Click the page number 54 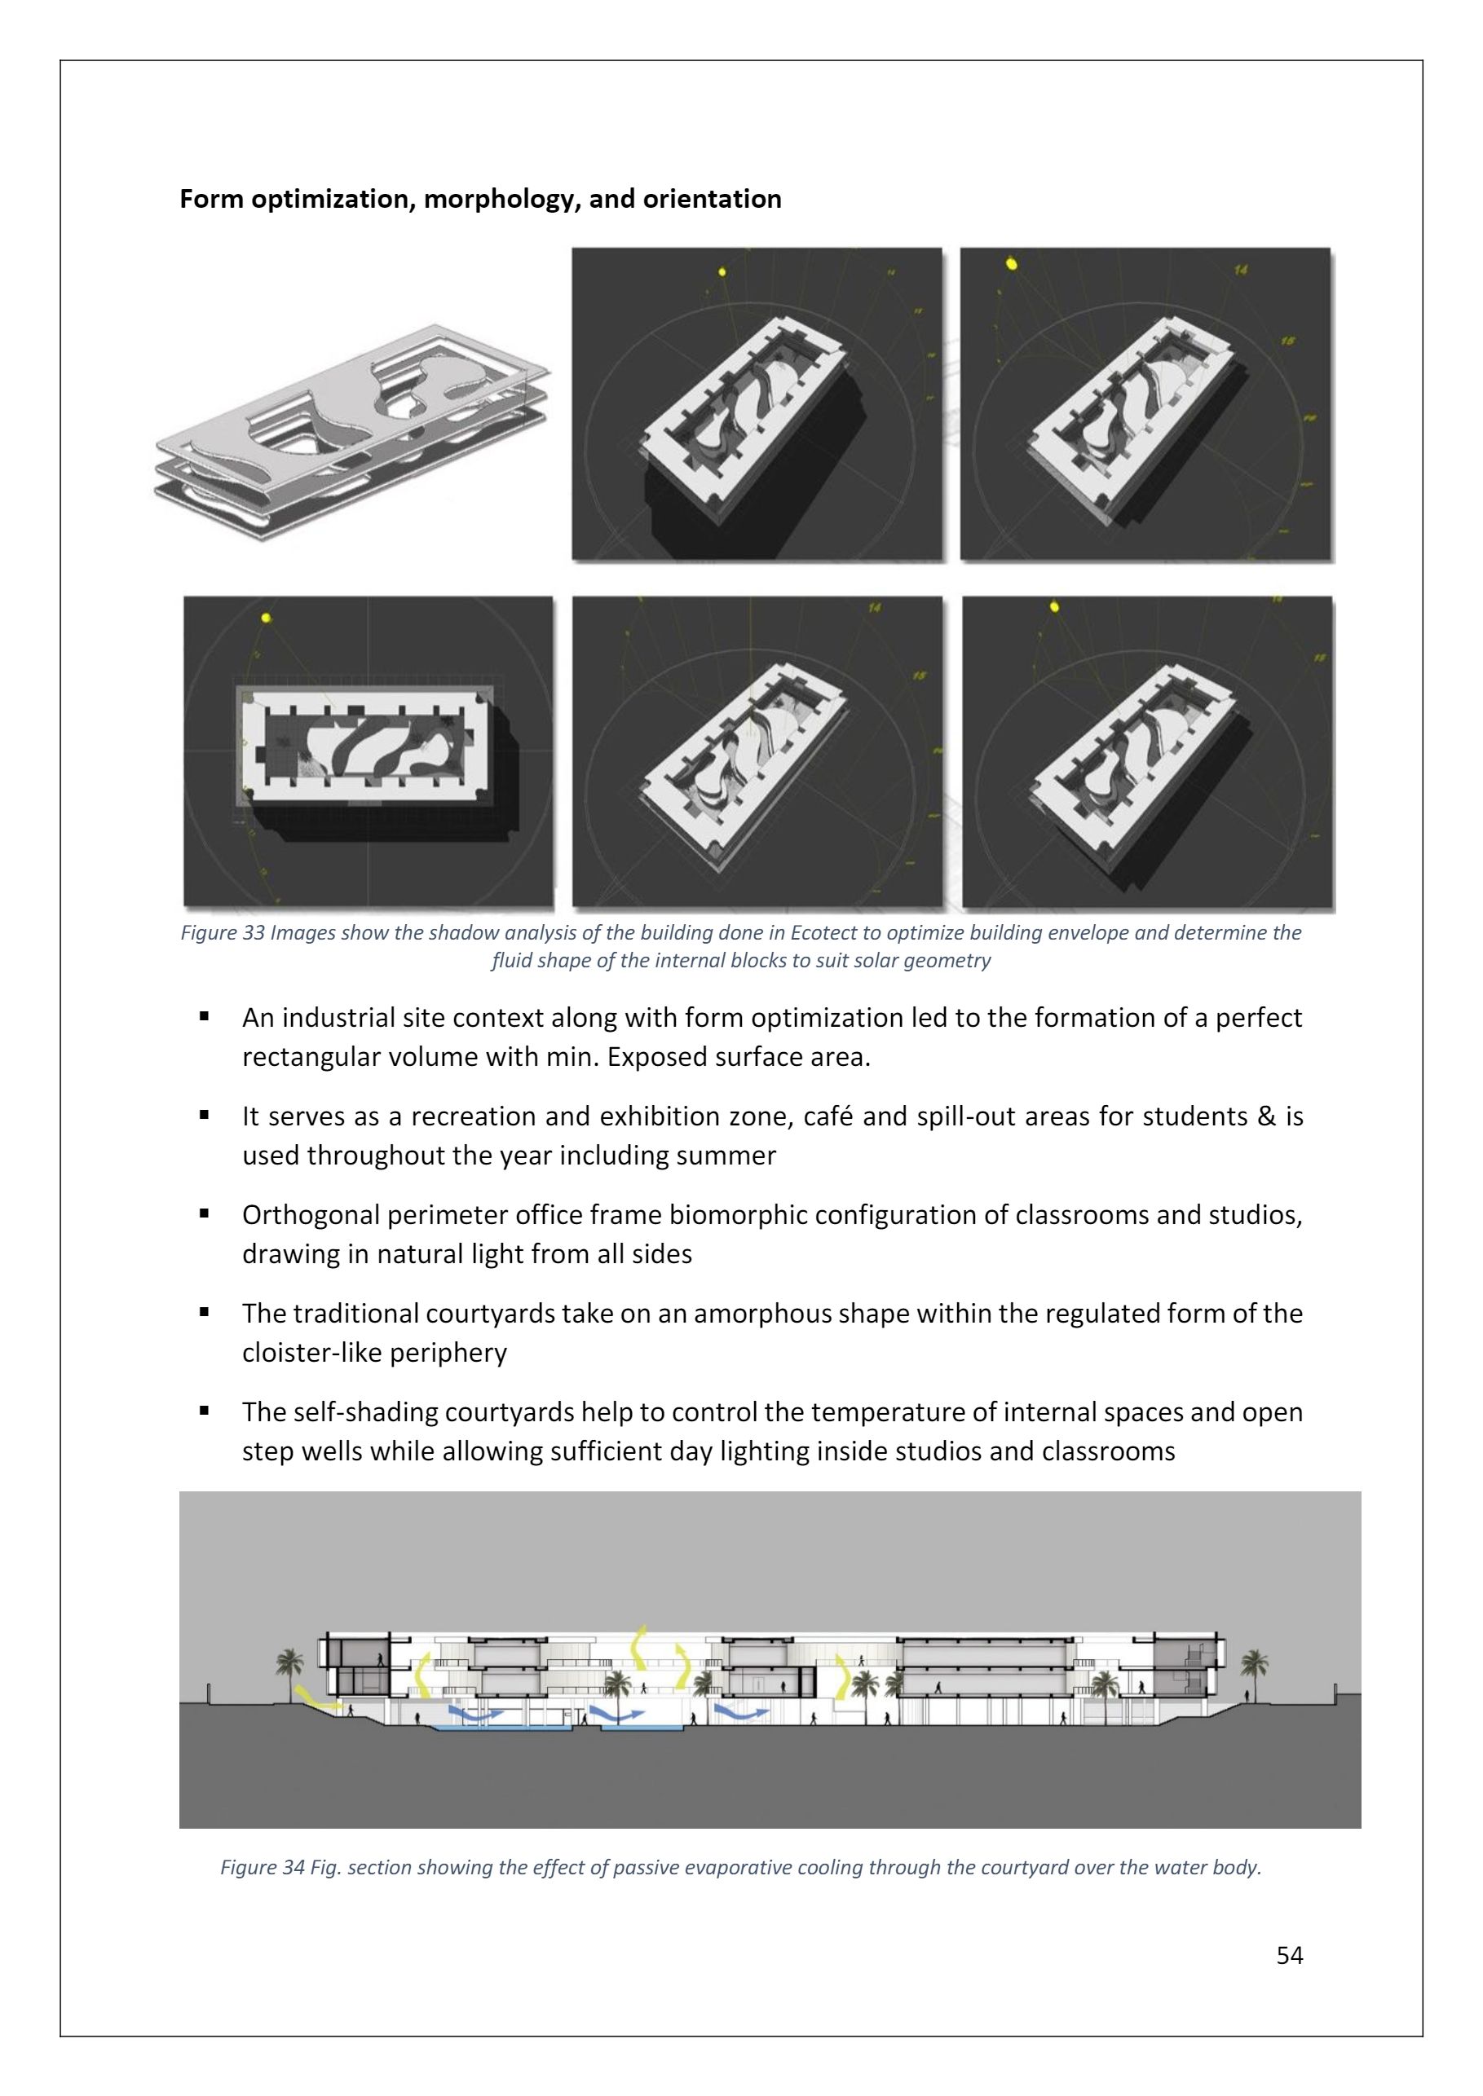coord(1290,1954)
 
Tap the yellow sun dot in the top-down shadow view coord(266,618)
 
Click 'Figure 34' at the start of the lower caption coord(262,1867)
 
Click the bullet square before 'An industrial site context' coord(205,1016)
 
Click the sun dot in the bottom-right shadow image coord(1055,606)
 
